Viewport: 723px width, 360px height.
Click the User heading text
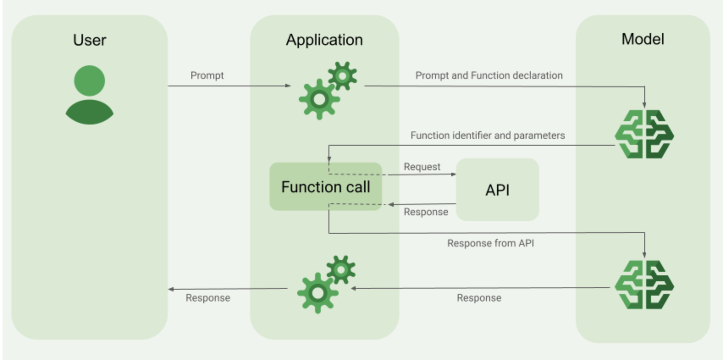[x=89, y=40]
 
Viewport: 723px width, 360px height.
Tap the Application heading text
[x=324, y=40]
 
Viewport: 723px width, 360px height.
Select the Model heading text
[x=643, y=39]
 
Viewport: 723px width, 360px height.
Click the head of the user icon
[x=89, y=80]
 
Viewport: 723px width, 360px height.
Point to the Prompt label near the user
[x=207, y=75]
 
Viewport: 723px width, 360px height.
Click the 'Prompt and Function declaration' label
[x=489, y=75]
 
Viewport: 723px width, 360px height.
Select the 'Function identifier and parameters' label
[x=488, y=136]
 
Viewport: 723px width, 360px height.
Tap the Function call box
[x=326, y=187]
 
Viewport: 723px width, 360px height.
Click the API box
[x=497, y=190]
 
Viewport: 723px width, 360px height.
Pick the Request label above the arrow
[x=422, y=167]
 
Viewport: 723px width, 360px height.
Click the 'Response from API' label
[x=491, y=243]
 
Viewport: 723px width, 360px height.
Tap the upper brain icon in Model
[x=644, y=134]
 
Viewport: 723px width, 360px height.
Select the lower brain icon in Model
[x=644, y=285]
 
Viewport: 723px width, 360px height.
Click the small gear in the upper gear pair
[x=342, y=76]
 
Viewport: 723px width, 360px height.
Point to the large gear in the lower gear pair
[x=317, y=293]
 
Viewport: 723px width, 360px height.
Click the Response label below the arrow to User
[x=208, y=298]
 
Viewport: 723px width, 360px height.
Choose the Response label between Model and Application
[x=479, y=298]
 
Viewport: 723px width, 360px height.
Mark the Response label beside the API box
[x=426, y=212]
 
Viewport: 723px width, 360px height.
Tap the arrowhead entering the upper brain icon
[x=644, y=105]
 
